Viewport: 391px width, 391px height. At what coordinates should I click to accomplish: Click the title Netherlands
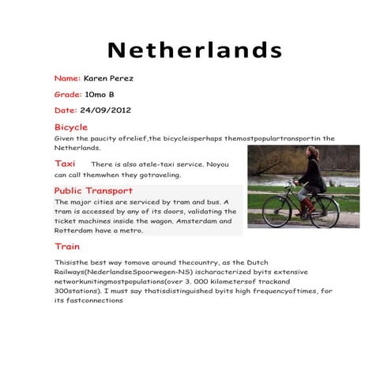tap(195, 50)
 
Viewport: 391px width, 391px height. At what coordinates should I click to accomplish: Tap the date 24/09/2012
tap(105, 110)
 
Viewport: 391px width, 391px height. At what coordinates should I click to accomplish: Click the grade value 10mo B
tap(100, 94)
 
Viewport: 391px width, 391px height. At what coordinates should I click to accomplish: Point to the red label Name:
tap(67, 78)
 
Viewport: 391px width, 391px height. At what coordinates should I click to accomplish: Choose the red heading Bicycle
tap(71, 127)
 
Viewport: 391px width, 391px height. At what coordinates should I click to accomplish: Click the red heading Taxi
tap(65, 163)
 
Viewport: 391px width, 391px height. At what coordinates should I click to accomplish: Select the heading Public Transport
tap(93, 190)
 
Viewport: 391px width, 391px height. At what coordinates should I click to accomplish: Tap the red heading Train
tap(67, 246)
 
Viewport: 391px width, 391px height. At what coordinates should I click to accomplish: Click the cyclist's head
tap(313, 152)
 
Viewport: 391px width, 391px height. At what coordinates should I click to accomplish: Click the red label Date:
tap(66, 110)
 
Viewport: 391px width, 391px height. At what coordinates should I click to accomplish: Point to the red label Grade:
tap(68, 94)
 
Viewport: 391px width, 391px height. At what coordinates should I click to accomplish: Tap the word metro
tap(132, 231)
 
